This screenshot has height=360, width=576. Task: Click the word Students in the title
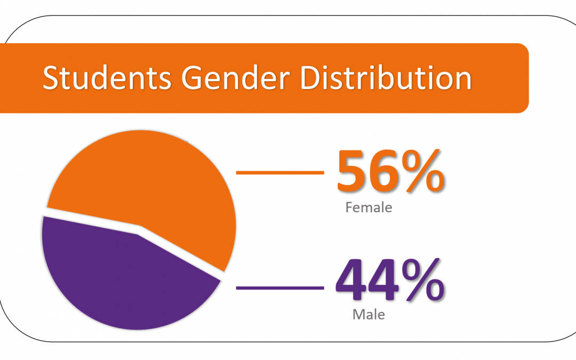[107, 77]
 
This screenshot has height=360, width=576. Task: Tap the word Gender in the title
[236, 77]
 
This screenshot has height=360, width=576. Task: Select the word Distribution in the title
[386, 77]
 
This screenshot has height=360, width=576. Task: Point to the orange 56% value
[391, 171]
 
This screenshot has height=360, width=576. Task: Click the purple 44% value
[390, 280]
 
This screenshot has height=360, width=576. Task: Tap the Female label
[369, 207]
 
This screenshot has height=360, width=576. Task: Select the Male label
[369, 315]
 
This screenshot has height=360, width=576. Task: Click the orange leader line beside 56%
[280, 172]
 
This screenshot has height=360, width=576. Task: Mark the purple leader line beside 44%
[280, 288]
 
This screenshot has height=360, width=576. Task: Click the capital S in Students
[51, 78]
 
